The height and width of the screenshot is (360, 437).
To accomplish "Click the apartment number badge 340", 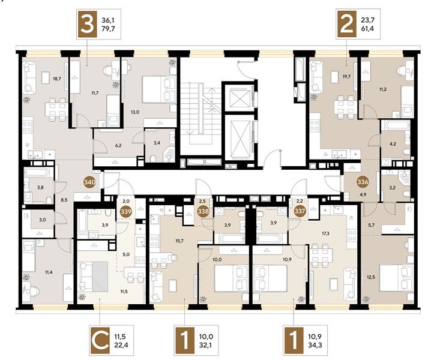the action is (x=90, y=182).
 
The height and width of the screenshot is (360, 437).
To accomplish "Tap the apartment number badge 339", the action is (x=126, y=211).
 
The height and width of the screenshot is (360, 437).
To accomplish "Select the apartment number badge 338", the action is (x=203, y=211).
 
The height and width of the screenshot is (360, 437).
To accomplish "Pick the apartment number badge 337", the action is (x=300, y=211).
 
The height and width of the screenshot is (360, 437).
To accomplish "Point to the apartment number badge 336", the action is (x=363, y=182).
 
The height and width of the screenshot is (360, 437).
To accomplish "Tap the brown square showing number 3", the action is (x=87, y=25).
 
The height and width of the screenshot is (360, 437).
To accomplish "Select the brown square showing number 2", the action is (x=347, y=24).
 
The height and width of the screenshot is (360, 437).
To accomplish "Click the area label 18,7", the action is (x=57, y=79).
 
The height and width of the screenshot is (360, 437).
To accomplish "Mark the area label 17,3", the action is (x=325, y=233).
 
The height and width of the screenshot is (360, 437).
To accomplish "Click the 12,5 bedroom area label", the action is (x=371, y=277).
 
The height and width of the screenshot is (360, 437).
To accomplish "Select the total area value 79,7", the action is (x=109, y=28).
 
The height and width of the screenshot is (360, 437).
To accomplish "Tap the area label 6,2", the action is (x=118, y=145).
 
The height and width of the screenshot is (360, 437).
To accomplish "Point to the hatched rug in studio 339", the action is (x=100, y=277).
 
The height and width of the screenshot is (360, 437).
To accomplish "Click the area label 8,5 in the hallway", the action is (x=64, y=200).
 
